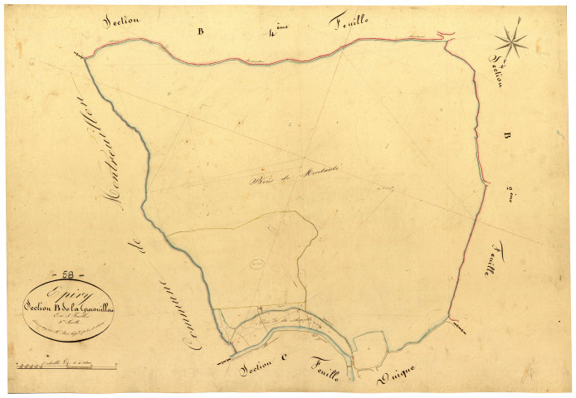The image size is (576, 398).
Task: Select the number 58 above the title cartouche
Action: click(56, 274)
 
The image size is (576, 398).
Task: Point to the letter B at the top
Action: click(199, 32)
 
